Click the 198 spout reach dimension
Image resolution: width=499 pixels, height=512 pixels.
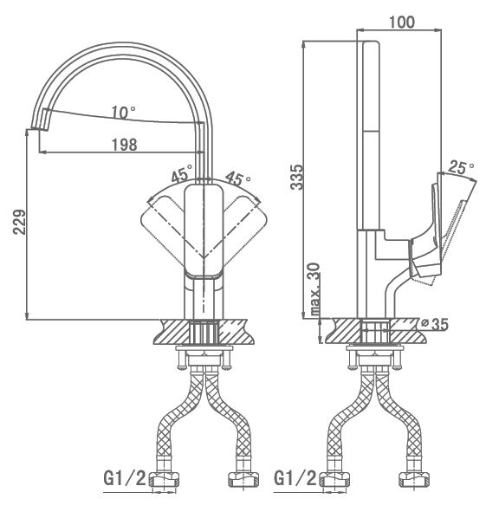point(125,145)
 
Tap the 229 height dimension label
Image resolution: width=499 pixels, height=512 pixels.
point(19,222)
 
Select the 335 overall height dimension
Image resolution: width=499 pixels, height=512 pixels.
point(297,177)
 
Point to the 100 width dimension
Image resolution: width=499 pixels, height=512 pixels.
point(402,23)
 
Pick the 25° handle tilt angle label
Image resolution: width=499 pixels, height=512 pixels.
point(462,167)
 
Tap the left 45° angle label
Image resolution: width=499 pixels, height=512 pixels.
point(182,173)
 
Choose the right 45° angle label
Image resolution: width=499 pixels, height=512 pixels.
point(238,178)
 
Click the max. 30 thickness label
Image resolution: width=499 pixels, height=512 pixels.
point(314,289)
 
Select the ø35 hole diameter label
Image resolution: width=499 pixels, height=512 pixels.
point(435,324)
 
